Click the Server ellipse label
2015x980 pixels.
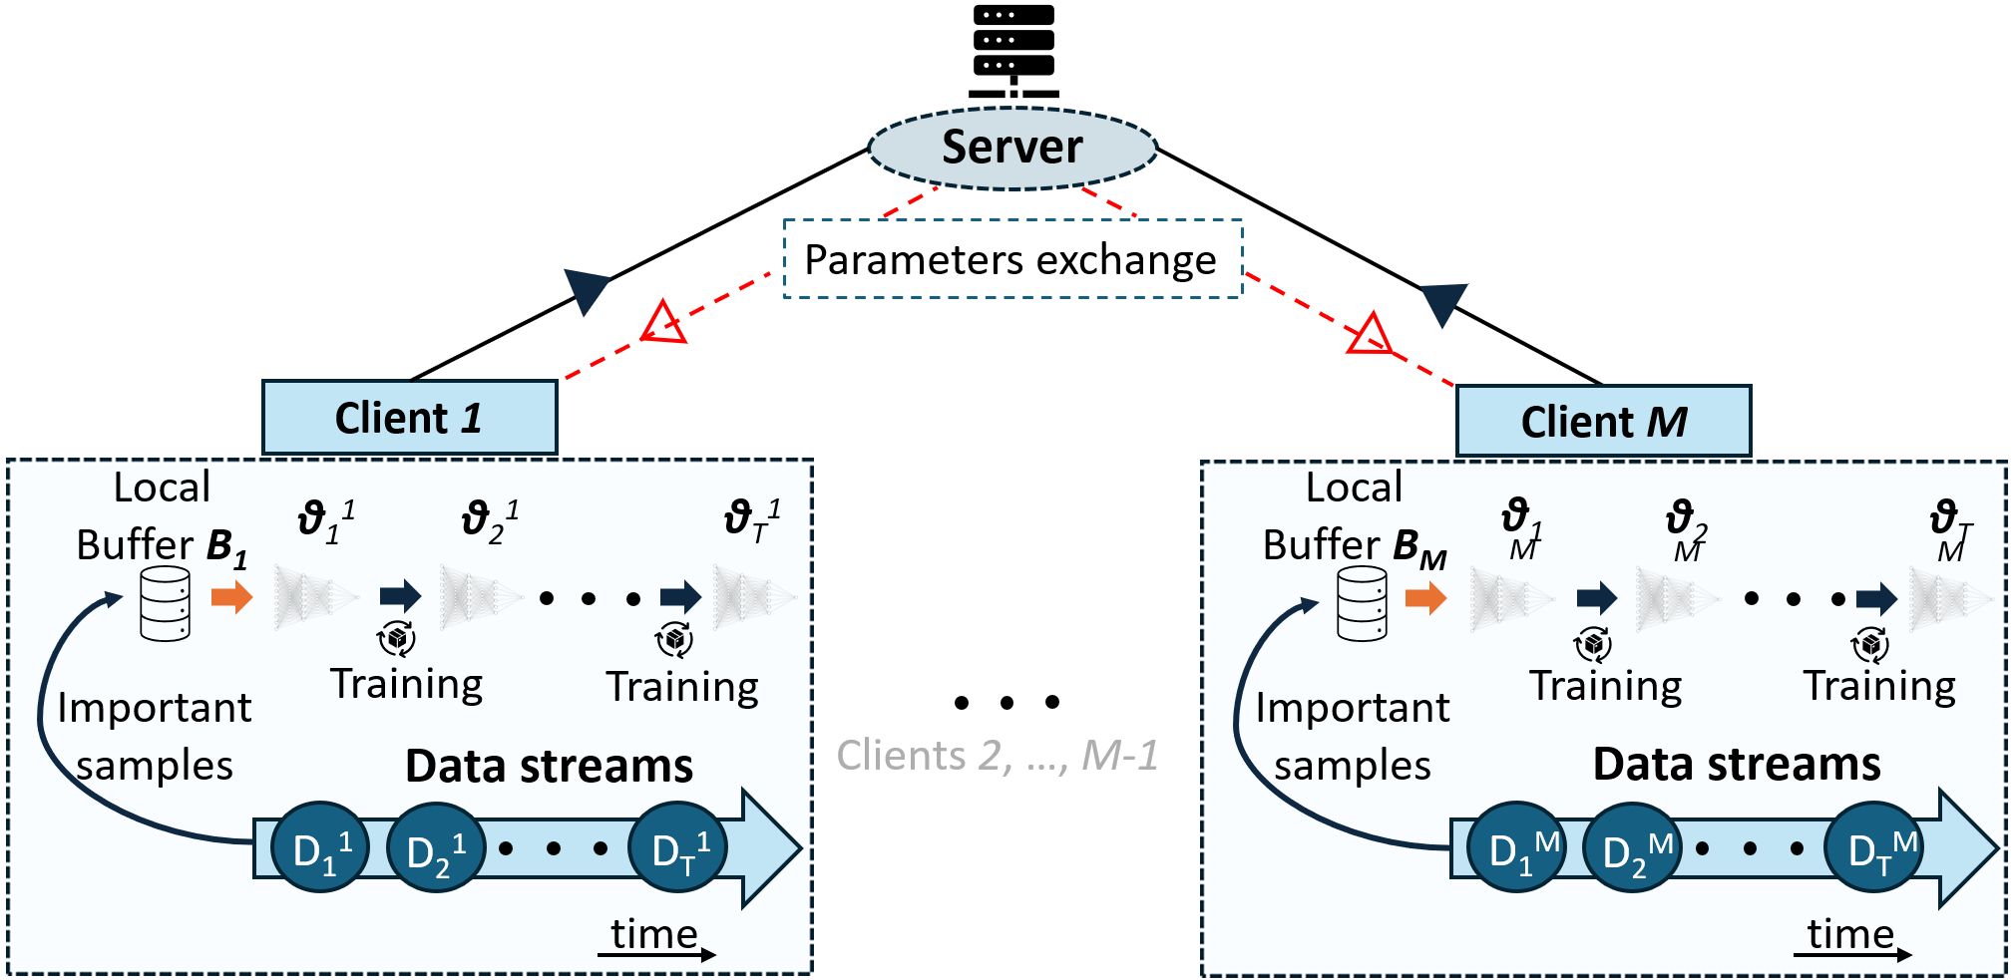(x=1012, y=148)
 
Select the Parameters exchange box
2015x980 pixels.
(x=1012, y=259)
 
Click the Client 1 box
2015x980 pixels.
(x=409, y=418)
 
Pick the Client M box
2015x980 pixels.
(x=1603, y=422)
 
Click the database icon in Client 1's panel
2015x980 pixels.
(x=166, y=603)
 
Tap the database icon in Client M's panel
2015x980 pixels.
(x=1362, y=603)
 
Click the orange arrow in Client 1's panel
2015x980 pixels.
(x=232, y=597)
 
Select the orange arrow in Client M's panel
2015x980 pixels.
(x=1426, y=597)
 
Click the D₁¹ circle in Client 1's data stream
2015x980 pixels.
(x=320, y=847)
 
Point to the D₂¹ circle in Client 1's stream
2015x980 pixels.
(x=435, y=847)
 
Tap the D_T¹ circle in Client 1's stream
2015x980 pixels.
(x=677, y=847)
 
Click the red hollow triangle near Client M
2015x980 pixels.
(x=1371, y=334)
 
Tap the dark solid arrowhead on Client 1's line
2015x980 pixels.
(x=587, y=291)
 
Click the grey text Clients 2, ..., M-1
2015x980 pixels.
(x=998, y=756)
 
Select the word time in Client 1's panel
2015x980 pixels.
(x=654, y=934)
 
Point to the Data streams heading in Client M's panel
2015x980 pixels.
(x=1737, y=765)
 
